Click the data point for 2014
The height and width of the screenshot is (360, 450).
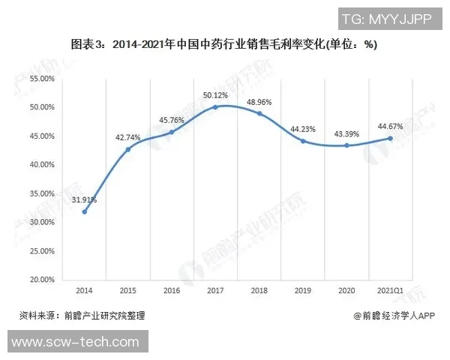(x=84, y=211)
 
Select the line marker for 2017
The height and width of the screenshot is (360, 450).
(x=215, y=107)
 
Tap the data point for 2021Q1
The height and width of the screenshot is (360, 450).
(x=390, y=138)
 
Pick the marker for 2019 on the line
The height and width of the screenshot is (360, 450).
(x=303, y=141)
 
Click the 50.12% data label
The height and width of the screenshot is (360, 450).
(x=215, y=95)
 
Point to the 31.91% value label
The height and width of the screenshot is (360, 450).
(x=84, y=199)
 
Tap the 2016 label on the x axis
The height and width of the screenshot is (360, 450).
(x=172, y=290)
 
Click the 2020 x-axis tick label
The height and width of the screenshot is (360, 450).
(x=346, y=290)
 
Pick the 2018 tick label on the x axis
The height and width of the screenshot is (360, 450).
(x=259, y=290)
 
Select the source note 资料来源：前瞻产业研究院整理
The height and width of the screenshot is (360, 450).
(x=82, y=316)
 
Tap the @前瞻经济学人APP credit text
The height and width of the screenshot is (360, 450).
(x=394, y=316)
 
